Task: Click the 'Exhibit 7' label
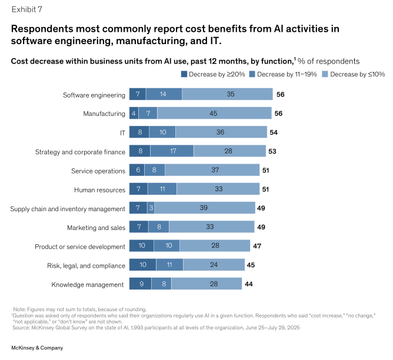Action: coord(27,9)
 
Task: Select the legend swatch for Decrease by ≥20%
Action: coord(184,74)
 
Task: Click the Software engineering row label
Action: coord(94,95)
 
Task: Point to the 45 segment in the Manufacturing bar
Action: coord(214,114)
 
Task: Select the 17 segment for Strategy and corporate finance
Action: coord(172,152)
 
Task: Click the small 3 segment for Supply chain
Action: coord(151,208)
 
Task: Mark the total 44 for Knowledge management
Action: coord(249,285)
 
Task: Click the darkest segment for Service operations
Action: coord(136,171)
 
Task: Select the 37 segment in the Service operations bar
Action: coord(212,171)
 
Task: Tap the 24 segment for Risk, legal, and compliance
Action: coord(214,265)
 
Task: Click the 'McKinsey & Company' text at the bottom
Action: coord(37,348)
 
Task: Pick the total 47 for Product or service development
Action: coord(257,246)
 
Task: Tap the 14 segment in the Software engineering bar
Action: coord(164,95)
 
